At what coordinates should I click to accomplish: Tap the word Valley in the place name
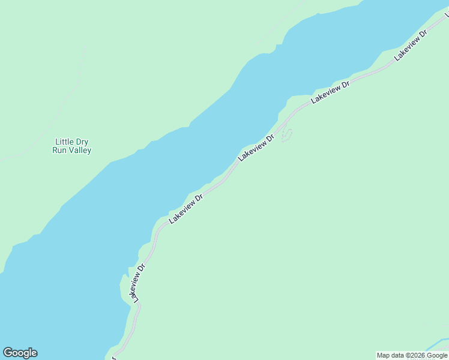(x=80, y=151)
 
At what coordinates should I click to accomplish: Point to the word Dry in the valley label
(x=82, y=142)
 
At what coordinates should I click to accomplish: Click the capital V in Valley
(x=71, y=151)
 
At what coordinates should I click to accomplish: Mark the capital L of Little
(x=57, y=142)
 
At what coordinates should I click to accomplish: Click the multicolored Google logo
(x=20, y=353)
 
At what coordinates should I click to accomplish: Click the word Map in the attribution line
(x=383, y=355)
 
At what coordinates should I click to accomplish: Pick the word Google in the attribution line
(x=437, y=355)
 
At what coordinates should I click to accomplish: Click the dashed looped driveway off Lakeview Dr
(x=287, y=135)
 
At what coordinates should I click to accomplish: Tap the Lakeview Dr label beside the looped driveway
(x=256, y=148)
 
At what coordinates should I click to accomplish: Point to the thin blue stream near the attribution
(x=435, y=347)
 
